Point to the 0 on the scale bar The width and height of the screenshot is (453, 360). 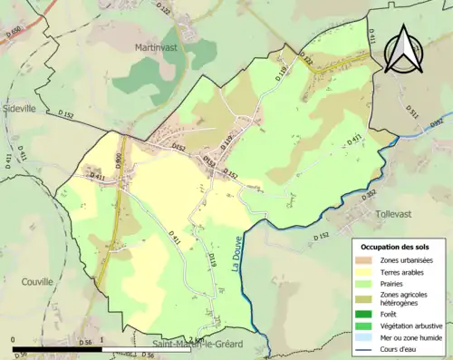(13, 344)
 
